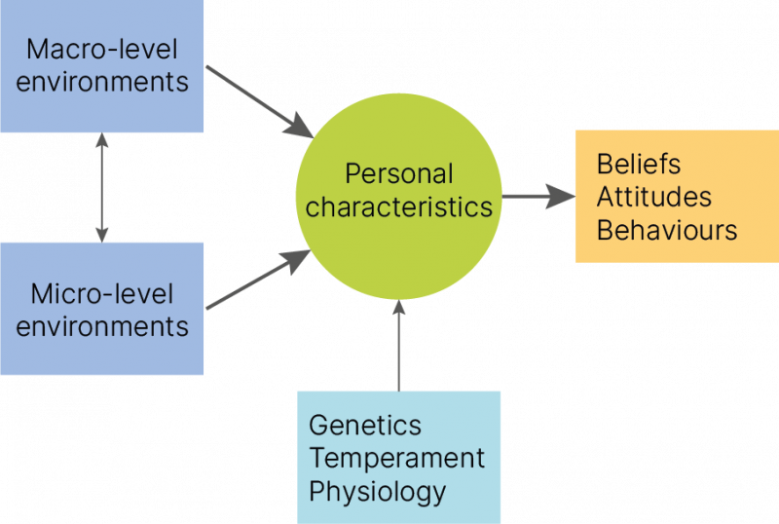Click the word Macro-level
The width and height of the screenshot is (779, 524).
[102, 50]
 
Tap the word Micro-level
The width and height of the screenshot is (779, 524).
[102, 294]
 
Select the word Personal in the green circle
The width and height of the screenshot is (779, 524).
[399, 174]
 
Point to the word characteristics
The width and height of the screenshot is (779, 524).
[399, 206]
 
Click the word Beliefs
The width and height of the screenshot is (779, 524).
[639, 164]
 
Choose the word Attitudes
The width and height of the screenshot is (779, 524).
[653, 197]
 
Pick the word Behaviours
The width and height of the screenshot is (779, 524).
[667, 230]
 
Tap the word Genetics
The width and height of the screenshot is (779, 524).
[364, 425]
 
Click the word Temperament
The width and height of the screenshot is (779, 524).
[397, 458]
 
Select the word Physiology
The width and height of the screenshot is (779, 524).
[377, 492]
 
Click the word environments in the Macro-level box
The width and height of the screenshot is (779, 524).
[102, 82]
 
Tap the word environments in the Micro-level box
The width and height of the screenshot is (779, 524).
[102, 326]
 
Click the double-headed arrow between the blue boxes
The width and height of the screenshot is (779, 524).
[102, 187]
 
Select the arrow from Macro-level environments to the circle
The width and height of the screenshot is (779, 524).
[259, 102]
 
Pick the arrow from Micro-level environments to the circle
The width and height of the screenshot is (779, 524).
[258, 280]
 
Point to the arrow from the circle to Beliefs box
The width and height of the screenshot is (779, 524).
[538, 197]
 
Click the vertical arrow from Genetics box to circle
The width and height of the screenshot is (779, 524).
[398, 346]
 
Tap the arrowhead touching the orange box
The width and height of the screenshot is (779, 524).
[561, 197]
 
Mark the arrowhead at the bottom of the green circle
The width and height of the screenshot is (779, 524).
[398, 308]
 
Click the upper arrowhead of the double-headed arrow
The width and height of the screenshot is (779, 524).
[102, 139]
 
